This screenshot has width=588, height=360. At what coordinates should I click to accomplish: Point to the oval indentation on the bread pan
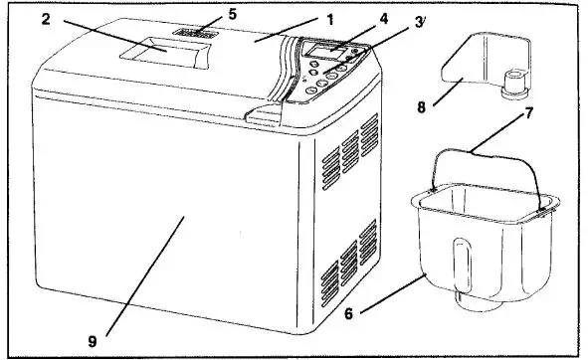pyautogui.click(x=461, y=263)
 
